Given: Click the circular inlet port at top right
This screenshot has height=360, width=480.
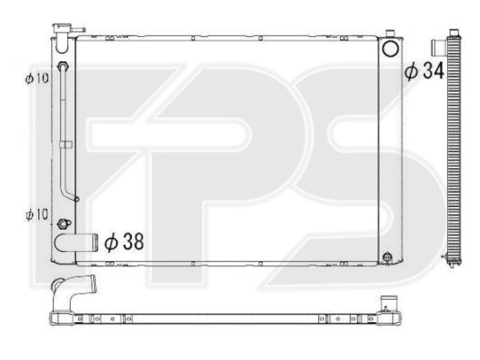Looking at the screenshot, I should (x=390, y=49).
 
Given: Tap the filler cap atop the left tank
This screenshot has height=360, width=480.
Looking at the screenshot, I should (x=61, y=28).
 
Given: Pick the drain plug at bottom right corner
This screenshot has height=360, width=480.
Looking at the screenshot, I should (x=387, y=257).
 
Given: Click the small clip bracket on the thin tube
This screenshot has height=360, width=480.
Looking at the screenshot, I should (x=67, y=144).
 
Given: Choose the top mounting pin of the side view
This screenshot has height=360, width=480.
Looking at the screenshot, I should (x=452, y=31).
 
